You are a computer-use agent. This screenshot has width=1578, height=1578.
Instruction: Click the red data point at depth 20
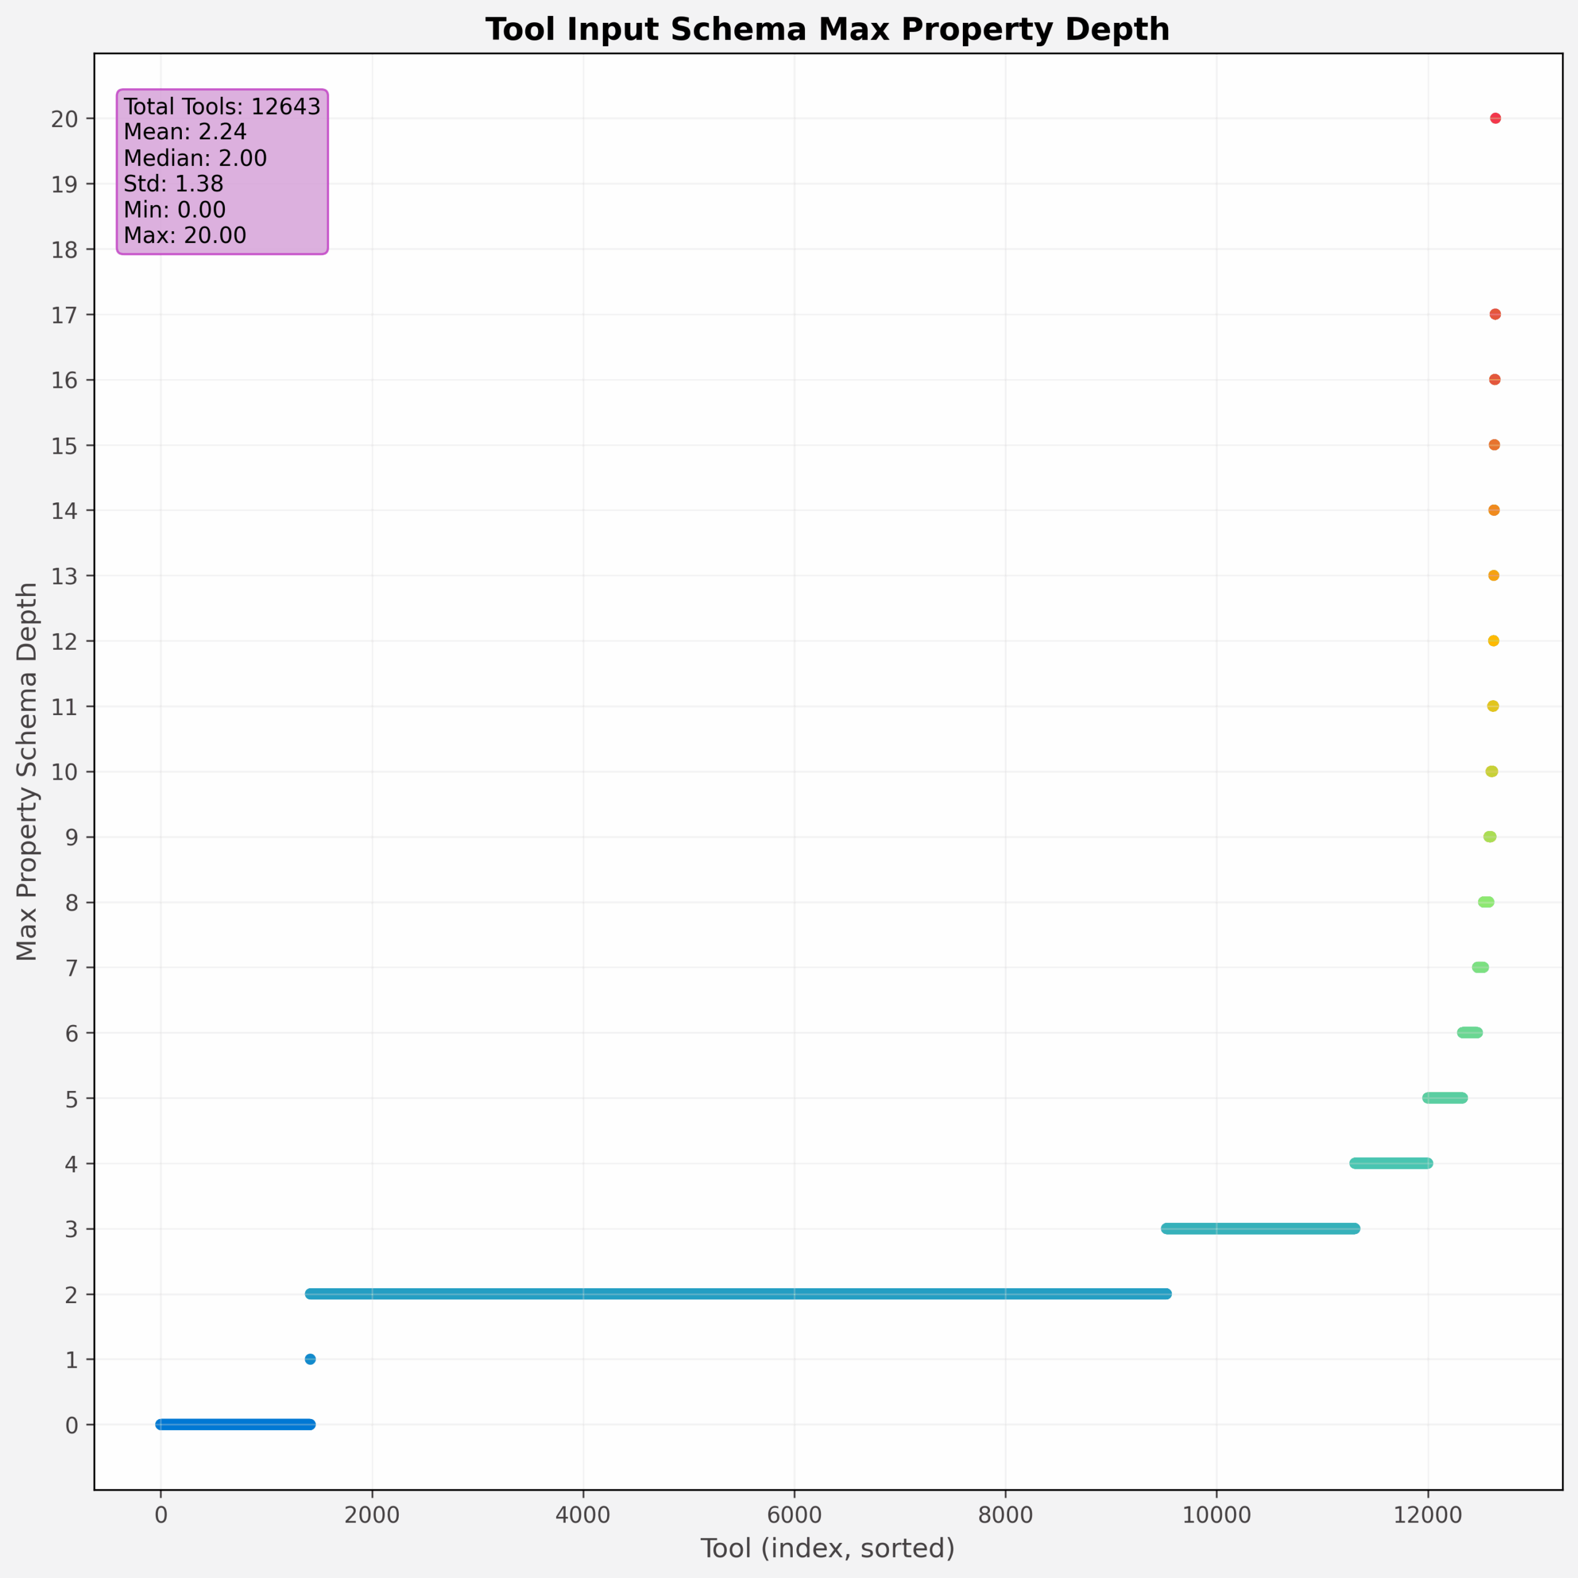[x=1495, y=118]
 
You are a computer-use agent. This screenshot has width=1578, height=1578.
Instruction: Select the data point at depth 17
[x=1495, y=314]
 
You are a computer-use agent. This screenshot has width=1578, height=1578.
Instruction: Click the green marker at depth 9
[x=1490, y=837]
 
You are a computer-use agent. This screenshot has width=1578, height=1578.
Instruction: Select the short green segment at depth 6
[x=1470, y=1033]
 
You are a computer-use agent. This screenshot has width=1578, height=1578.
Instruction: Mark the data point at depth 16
[x=1495, y=380]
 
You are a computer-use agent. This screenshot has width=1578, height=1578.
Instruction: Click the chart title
[x=827, y=30]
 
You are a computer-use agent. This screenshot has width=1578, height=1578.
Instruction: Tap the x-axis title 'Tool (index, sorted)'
[x=827, y=1548]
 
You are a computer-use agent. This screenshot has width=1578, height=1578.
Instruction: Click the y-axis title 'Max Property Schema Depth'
[x=27, y=772]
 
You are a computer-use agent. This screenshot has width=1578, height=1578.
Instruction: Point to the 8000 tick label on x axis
[x=1005, y=1515]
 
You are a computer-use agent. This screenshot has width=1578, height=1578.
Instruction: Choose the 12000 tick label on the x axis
[x=1428, y=1515]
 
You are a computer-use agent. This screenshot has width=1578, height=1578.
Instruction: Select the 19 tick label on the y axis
[x=65, y=184]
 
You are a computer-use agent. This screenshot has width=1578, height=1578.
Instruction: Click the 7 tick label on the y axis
[x=71, y=968]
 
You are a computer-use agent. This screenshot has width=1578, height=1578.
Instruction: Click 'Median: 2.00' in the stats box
[x=195, y=158]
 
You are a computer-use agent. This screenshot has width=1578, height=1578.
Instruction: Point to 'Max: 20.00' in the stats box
[x=184, y=235]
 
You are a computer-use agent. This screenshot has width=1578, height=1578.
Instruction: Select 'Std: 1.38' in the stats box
[x=173, y=184]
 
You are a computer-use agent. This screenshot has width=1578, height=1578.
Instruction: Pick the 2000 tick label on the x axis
[x=372, y=1515]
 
